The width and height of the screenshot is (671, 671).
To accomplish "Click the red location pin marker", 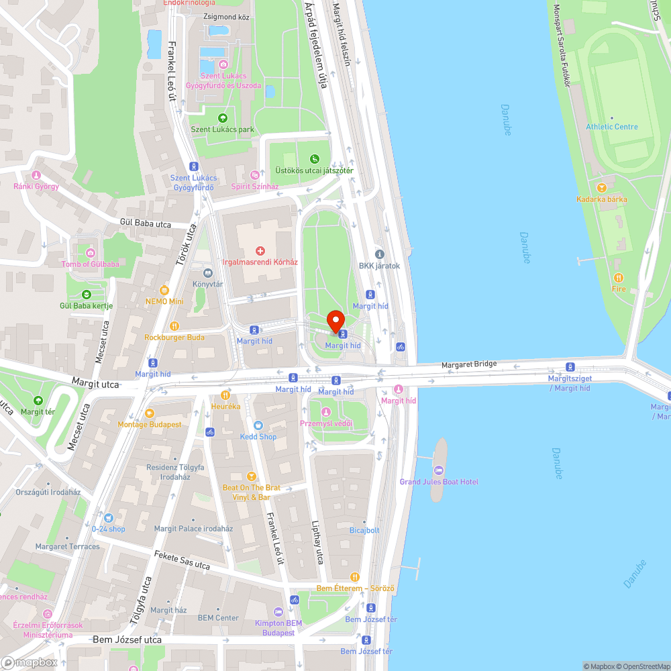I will pos(335,321).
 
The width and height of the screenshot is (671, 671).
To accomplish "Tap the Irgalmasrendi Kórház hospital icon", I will pos(260,250).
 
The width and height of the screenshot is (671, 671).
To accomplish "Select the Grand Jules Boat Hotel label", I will pos(439,482).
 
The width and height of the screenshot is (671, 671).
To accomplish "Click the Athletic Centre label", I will pos(611,126).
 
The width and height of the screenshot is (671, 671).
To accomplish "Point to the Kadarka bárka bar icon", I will pos(601,188).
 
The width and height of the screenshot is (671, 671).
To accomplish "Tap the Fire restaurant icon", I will pos(618,278).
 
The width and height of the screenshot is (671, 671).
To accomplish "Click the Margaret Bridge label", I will pos(468,364).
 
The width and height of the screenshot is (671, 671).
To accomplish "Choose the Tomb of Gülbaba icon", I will pos(91,252).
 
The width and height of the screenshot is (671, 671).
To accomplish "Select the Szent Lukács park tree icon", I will pos(222,118).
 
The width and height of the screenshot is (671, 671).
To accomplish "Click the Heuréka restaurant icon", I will pos(225,395).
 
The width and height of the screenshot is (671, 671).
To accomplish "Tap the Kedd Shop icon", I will pos(258,425).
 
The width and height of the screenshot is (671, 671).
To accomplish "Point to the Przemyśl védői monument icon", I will pos(325,412).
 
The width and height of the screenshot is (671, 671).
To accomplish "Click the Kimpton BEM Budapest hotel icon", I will pos(278,612).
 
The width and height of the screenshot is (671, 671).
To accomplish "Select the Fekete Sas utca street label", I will pos(182,560).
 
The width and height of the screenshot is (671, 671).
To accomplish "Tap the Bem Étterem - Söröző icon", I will pos(355,577).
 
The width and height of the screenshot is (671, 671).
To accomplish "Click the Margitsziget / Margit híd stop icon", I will pos(570,366).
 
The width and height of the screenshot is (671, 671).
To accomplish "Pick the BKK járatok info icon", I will pos(379,254).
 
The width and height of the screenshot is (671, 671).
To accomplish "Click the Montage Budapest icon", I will pos(150,413).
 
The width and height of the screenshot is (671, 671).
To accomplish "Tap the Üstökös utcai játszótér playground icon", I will pos(314,159).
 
